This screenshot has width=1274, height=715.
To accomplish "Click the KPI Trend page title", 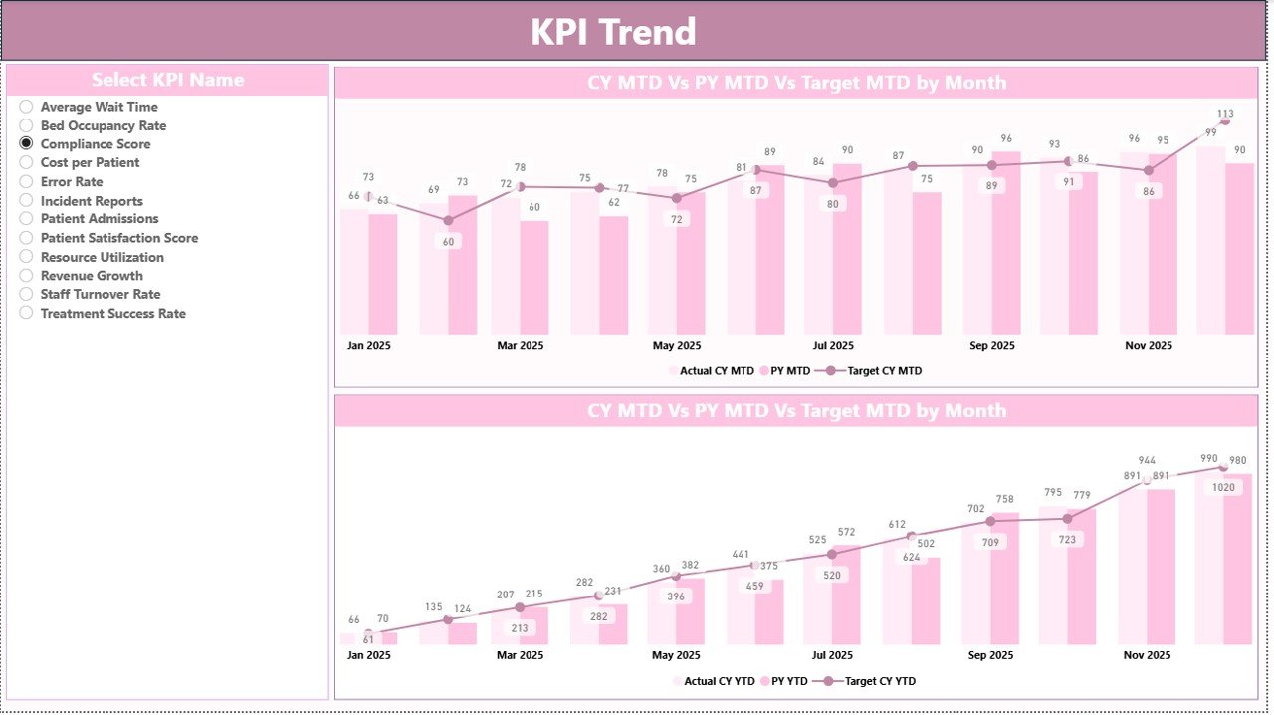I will (612, 32).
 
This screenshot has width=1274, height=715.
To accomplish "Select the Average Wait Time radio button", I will (26, 107).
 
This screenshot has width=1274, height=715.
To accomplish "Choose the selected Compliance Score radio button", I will (26, 144).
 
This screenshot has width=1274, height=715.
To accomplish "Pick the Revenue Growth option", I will (91, 276).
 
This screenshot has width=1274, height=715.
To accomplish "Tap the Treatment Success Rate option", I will (112, 314).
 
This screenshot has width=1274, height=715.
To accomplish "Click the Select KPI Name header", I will (167, 80).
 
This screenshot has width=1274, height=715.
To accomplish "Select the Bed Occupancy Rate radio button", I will (26, 125).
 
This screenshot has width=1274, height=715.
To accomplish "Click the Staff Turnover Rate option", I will (100, 295).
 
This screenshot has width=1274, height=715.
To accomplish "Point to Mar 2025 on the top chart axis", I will (520, 346).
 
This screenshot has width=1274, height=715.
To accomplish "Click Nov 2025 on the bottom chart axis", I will (1148, 656).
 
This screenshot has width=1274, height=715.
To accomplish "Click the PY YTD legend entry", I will (782, 682).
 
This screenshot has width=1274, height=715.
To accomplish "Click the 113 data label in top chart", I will (1225, 114).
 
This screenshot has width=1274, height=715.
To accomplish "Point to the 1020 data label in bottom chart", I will (1223, 488).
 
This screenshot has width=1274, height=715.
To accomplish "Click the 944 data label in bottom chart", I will (1147, 461).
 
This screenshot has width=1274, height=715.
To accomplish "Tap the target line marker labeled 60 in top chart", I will (448, 220).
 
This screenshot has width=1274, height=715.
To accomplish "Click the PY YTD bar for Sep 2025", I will (1005, 578).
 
